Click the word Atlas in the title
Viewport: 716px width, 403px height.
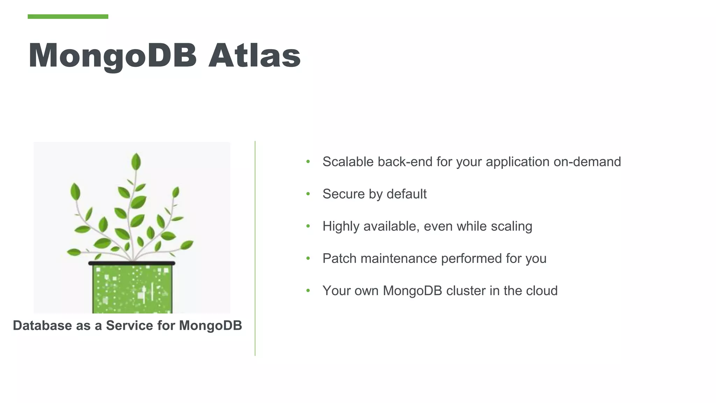point(254,55)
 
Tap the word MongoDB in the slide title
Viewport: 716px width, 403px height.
point(113,56)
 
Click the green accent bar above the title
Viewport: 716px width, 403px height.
point(68,16)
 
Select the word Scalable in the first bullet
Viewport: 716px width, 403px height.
point(348,162)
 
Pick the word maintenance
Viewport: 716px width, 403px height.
point(399,259)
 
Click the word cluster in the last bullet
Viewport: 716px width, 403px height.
point(466,291)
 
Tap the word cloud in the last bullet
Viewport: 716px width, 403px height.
point(542,291)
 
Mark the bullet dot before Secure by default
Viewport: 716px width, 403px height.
point(308,194)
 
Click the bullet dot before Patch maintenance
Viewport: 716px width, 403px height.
point(308,259)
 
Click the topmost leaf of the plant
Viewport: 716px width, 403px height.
point(136,161)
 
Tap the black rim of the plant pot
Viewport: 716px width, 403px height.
point(132,263)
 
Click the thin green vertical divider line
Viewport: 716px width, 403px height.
point(255,248)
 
